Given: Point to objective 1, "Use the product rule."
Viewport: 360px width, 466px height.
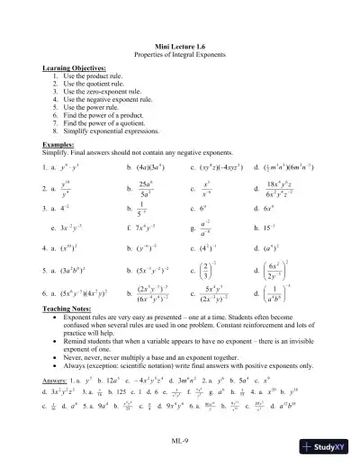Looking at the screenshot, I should pyautogui.click(x=87, y=77).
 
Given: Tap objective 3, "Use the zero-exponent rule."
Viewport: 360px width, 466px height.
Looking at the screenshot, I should pyautogui.click(x=98, y=93).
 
